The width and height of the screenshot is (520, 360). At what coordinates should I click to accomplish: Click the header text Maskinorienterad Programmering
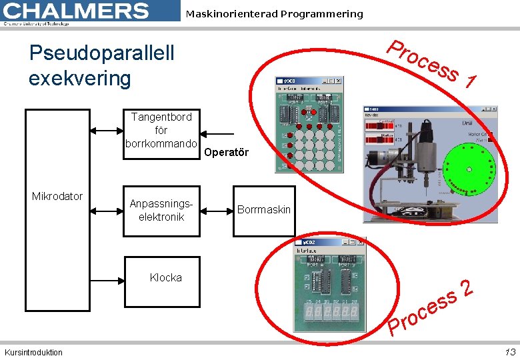coord(274,14)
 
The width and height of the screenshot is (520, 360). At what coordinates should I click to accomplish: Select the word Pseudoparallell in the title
coord(101,53)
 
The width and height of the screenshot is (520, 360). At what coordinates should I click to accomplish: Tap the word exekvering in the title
coord(80,78)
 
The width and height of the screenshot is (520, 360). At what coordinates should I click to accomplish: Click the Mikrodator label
coord(57,196)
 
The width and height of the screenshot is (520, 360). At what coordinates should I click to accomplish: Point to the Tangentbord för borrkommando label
coord(161,130)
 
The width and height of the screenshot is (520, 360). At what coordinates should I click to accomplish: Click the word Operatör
coord(226,152)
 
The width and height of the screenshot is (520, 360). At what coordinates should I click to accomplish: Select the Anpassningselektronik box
coord(161,211)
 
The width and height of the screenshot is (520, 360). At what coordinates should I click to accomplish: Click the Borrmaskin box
coord(263,211)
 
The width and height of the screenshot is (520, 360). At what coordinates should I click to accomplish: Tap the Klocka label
coord(165,277)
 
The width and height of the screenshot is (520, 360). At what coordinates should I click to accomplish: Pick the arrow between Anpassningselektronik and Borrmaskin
coord(216,211)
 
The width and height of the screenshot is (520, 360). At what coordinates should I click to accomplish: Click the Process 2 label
coord(431,307)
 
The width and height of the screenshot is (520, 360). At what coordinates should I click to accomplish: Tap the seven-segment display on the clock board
coord(331,311)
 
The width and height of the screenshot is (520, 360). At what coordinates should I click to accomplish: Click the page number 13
coord(510,352)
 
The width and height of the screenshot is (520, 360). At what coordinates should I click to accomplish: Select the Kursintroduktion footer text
coord(33,353)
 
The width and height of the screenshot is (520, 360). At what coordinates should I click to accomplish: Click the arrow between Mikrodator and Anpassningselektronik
coord(107,211)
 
